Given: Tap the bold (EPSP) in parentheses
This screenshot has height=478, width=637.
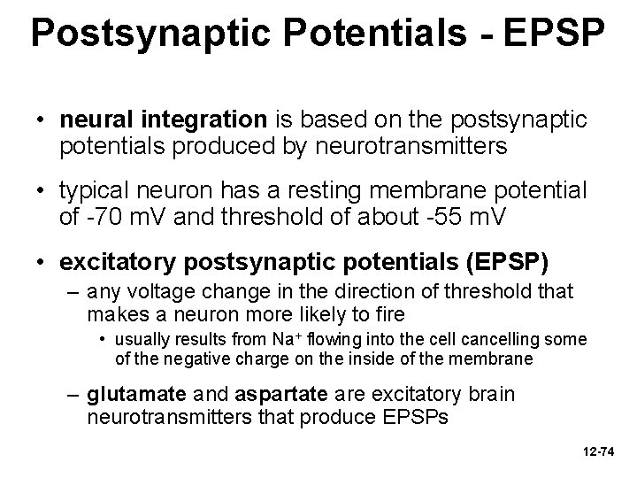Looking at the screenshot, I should point(498,263).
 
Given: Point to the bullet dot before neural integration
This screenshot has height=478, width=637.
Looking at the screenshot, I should point(41,118).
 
